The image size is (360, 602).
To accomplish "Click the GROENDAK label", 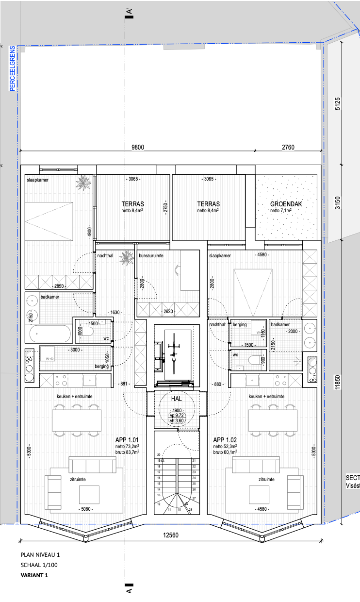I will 286,204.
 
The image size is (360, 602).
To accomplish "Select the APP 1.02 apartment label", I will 226,439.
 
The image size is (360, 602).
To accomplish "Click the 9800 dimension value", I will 138,148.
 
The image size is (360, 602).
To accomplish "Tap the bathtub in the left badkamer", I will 50,334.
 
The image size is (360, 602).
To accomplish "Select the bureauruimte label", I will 150,255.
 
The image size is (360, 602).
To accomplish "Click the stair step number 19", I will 158,460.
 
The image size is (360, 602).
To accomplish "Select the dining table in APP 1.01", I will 77,420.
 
